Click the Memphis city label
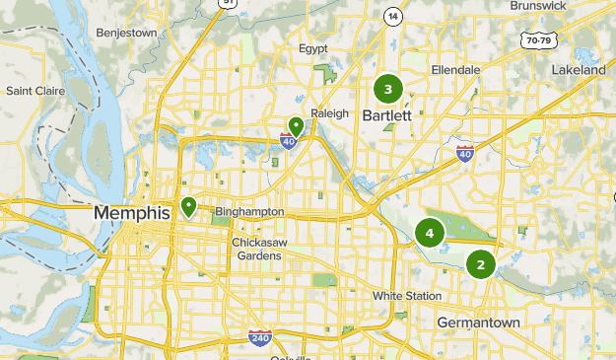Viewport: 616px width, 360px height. tap(133, 212)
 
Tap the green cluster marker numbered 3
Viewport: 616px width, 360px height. tap(387, 90)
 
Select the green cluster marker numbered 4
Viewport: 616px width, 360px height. tap(430, 233)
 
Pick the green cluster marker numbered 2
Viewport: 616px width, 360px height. tap(481, 263)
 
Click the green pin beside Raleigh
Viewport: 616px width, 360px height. tap(295, 126)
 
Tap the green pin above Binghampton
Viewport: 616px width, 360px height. tap(188, 207)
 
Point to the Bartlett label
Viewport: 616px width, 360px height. tap(386, 115)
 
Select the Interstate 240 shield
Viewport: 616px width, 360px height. tap(259, 337)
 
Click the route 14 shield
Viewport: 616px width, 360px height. tap(394, 17)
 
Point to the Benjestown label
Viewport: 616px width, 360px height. tap(127, 33)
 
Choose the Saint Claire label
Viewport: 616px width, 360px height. tap(34, 91)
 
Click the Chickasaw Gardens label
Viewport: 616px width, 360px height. tap(257, 249)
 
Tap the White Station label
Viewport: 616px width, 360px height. tap(404, 296)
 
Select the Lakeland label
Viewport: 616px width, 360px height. tap(579, 71)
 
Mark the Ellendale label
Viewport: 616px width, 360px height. tap(455, 70)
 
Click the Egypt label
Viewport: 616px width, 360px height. tap(312, 48)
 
